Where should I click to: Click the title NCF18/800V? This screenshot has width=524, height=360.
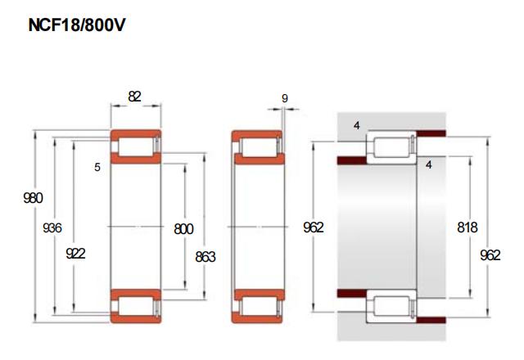pos(76,25)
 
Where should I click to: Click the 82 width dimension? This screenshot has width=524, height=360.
pos(134,97)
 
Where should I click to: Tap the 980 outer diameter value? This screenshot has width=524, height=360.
pos(33,198)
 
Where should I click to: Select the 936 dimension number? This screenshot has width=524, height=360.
pos(52,228)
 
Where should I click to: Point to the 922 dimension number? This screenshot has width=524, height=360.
pos(75,254)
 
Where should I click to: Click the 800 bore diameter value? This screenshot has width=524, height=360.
pos(183,229)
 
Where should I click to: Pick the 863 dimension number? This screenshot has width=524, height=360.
pos(206,257)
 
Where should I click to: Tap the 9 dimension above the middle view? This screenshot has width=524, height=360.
pos(285,98)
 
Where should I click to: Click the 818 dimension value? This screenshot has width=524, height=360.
pos(468,227)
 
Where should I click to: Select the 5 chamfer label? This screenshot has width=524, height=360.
pos(97,167)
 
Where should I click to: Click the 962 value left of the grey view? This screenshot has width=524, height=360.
pos(314,227)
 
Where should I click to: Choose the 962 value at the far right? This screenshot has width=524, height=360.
pos(490,255)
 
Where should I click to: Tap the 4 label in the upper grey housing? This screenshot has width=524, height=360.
pos(357,125)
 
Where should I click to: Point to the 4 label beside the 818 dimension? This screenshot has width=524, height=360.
pos(429,164)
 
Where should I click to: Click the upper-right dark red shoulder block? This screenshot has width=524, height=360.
pos(431,133)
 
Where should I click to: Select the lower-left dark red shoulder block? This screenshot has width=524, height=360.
pos(352,294)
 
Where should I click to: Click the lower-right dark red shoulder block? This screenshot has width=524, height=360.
pos(431,321)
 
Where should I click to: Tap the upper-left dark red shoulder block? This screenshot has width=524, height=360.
pos(352,160)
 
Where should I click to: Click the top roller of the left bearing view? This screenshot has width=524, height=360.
pos(135,146)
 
